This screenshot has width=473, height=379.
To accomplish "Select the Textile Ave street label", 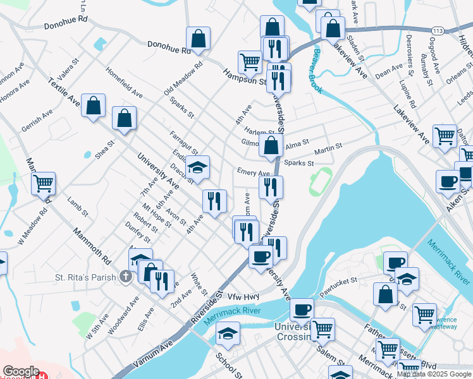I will [64, 92].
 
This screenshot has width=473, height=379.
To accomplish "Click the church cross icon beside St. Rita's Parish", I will [126, 277].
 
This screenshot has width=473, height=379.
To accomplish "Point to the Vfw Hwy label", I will [243, 296].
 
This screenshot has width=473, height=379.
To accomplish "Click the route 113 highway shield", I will [438, 30].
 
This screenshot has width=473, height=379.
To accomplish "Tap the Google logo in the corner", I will [21, 371].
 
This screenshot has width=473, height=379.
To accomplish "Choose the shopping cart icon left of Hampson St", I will [250, 62].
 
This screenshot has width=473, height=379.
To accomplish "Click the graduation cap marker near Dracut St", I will [198, 167].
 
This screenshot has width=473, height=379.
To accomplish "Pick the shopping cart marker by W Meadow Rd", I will [43, 183].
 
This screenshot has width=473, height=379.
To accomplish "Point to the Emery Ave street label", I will [254, 172].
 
